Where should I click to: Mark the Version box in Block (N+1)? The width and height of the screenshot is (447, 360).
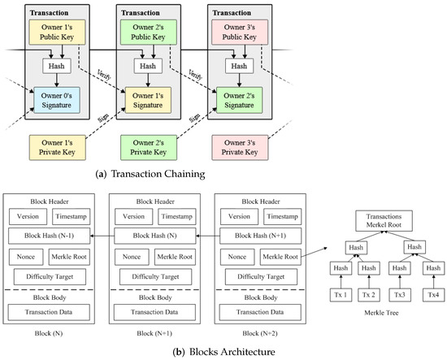click(x=131, y=216)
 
